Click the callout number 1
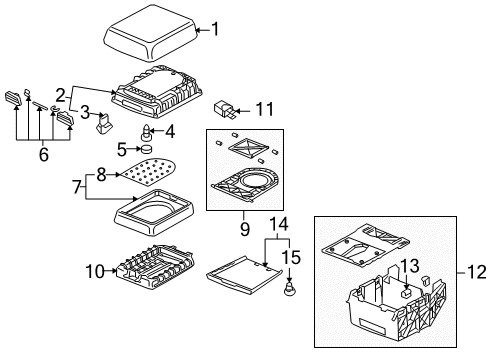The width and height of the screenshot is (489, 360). click(x=216, y=29)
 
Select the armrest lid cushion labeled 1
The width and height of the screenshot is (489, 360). click(x=151, y=33)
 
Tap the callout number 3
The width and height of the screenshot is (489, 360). click(x=85, y=112)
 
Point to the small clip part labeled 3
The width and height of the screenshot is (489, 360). click(x=104, y=124)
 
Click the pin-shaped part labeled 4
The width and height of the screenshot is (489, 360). click(x=146, y=132)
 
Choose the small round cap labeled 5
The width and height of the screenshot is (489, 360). click(x=147, y=149)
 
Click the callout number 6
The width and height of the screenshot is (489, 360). click(x=44, y=155)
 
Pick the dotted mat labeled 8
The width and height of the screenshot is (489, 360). click(x=149, y=171)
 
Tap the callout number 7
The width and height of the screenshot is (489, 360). click(x=77, y=187)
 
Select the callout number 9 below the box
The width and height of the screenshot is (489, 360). click(x=245, y=229)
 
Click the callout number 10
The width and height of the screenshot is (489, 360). click(x=95, y=271)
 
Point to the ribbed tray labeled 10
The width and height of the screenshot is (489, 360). click(x=155, y=266)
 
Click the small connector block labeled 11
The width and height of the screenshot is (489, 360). click(x=225, y=109)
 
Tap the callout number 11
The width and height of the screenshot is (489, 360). click(x=265, y=109)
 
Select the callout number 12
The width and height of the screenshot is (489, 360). click(x=477, y=272)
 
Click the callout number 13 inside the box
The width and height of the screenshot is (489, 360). click(x=409, y=266)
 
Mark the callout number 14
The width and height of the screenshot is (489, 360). click(x=279, y=224)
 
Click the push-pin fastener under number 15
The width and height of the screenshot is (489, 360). click(x=289, y=289)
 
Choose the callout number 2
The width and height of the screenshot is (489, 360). click(x=60, y=95)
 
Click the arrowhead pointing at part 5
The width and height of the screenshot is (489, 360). click(x=139, y=149)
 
